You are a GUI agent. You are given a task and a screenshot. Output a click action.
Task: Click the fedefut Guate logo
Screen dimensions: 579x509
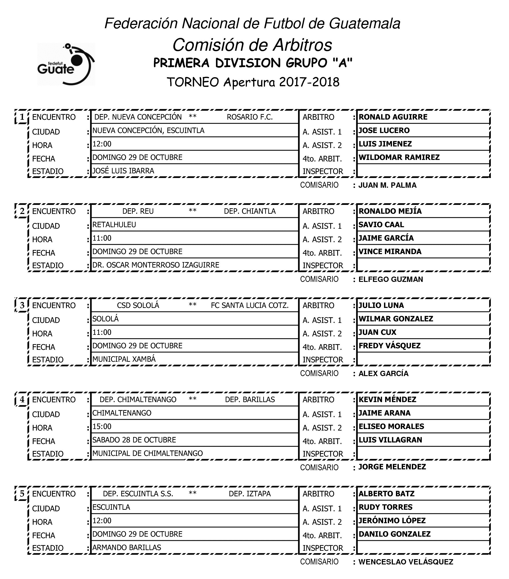[66, 64]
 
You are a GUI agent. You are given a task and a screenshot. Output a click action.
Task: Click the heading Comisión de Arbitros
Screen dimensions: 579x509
[252, 45]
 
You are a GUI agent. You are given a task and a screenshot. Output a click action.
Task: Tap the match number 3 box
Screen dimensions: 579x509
[22, 305]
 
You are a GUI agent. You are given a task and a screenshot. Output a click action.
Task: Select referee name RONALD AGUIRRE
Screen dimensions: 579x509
[393, 117]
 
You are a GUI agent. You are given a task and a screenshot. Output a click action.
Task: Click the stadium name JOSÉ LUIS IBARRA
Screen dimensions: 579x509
[123, 171]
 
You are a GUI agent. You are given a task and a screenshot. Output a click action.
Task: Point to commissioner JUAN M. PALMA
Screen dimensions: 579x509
[387, 185]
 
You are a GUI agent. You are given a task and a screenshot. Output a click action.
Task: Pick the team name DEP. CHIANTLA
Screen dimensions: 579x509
[250, 211]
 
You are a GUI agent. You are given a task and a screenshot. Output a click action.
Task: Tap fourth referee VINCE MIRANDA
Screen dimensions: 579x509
[390, 251]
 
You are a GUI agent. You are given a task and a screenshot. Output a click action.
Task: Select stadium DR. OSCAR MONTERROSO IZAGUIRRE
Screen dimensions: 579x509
[156, 265]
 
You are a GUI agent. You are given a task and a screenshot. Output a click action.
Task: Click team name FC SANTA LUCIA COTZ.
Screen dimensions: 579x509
[250, 305]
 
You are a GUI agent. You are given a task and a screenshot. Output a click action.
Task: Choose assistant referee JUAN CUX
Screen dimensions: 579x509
[377, 332]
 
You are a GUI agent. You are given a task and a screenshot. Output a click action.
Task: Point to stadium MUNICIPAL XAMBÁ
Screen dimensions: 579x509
[124, 359]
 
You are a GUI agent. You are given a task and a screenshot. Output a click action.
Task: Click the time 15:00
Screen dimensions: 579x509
[102, 426]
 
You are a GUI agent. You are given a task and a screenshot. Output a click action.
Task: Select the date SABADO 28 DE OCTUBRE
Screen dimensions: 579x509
[134, 440]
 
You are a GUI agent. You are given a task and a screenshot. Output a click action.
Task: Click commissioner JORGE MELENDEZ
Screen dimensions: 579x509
[392, 467]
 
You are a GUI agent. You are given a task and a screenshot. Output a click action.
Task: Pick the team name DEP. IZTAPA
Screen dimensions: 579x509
[250, 494]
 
